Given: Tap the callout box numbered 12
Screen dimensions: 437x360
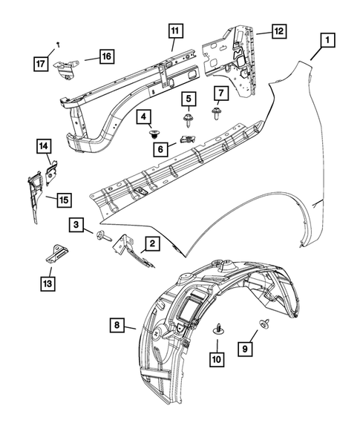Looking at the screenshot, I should tap(278, 31).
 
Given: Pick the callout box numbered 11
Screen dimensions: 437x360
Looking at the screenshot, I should tap(174, 31).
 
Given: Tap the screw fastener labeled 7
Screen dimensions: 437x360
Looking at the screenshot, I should tap(217, 114).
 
